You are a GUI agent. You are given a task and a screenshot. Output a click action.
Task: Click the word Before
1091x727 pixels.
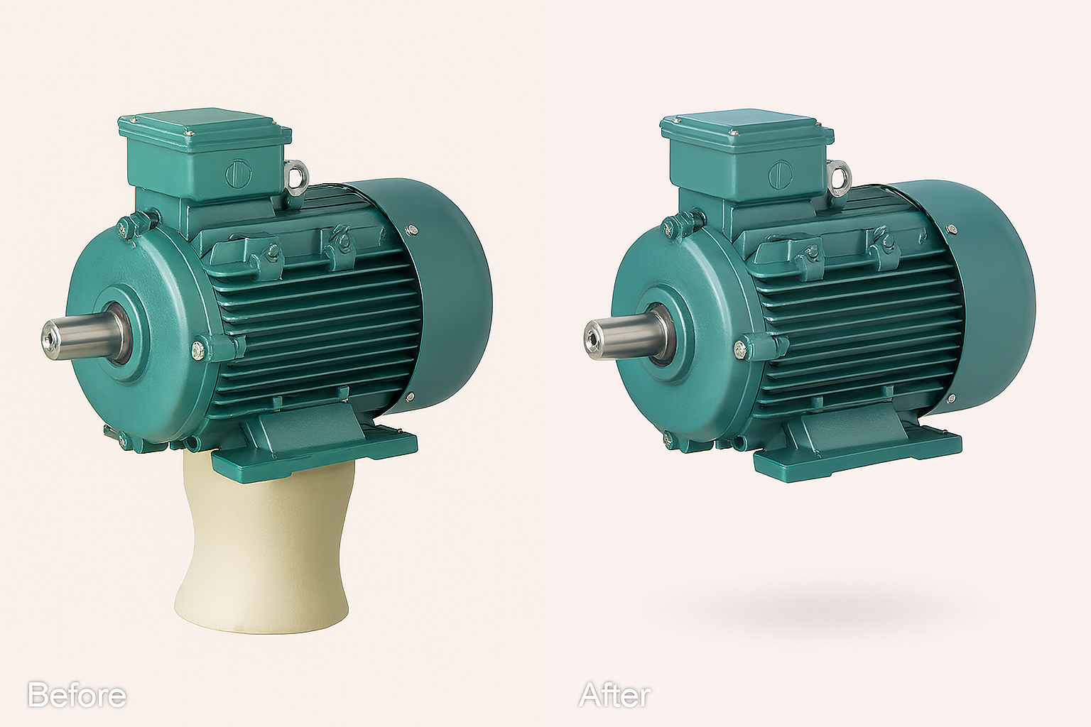[77, 695]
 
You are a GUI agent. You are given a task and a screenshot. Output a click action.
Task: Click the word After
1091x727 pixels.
[614, 695]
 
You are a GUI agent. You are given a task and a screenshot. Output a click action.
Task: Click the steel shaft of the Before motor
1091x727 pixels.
[83, 336]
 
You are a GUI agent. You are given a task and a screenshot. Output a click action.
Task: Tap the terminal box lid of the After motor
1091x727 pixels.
[747, 128]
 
